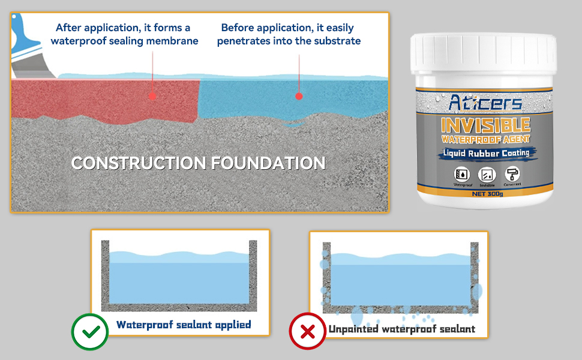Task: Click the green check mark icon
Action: coord(89,332)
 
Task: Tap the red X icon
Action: coord(307,331)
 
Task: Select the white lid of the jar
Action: coord(484,58)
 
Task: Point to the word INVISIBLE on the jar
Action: coord(485,125)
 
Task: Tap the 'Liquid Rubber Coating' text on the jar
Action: coord(486,154)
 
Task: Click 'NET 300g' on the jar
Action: coord(486,194)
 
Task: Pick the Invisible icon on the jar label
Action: coord(487,175)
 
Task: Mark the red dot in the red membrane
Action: coord(152,95)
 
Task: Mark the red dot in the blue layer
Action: coord(299,95)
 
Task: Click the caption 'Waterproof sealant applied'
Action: coord(184,325)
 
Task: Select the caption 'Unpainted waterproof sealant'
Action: coord(401,329)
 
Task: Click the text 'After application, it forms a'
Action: coord(123,28)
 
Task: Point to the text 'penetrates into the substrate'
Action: coord(289,41)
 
